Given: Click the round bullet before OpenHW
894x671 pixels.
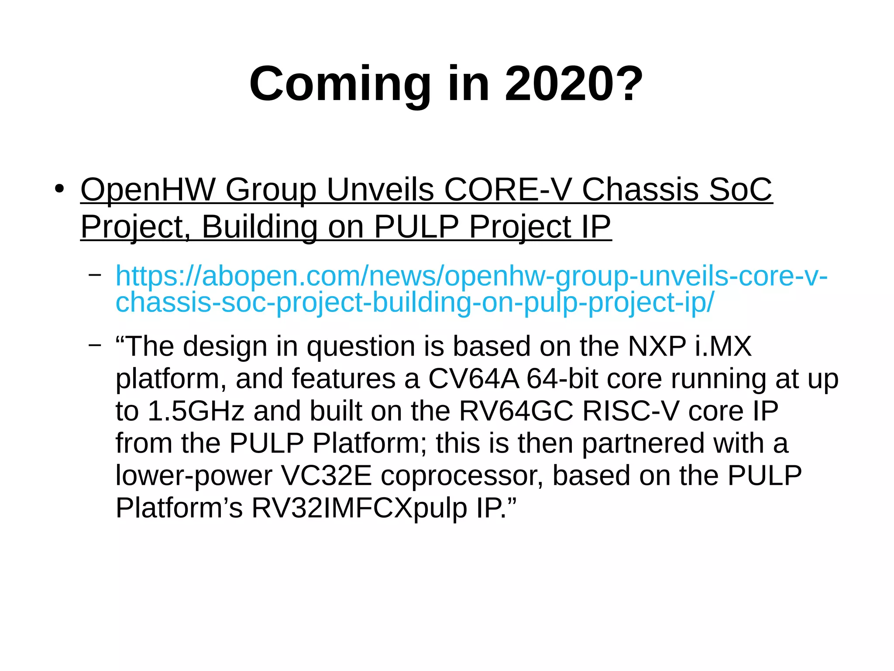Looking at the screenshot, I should [59, 189].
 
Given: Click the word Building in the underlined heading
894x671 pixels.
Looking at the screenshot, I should [259, 227].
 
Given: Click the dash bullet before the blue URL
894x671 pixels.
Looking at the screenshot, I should [95, 275].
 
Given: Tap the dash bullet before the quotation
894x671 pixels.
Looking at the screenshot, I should [95, 345].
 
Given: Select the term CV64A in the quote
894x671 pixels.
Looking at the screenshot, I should [473, 379].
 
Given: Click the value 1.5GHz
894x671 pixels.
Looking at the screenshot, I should [196, 411].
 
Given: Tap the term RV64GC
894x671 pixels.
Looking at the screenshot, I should [516, 411].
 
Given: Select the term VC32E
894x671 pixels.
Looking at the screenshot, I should [326, 475].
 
